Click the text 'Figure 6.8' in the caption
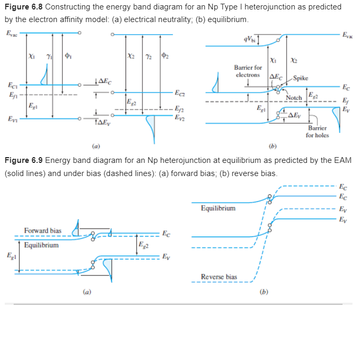[21, 7]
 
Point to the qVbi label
[248, 39]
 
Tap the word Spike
[301, 79]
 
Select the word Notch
[294, 98]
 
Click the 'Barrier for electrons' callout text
[248, 71]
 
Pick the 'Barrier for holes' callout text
[318, 131]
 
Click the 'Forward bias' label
[43, 231]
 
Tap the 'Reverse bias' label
[219, 276]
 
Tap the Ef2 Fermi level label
[180, 110]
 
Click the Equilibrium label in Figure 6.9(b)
[219, 208]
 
